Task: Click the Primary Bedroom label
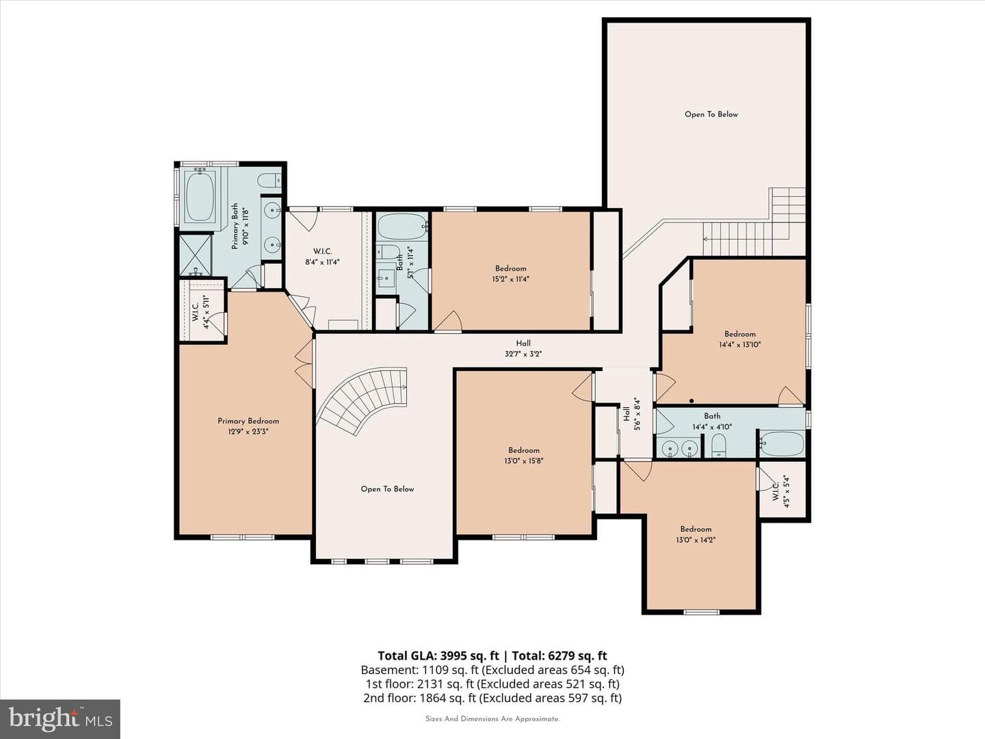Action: [x=248, y=421]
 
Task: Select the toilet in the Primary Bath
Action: [x=270, y=181]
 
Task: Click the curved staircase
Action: [x=363, y=401]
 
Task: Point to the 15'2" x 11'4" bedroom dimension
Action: [x=510, y=279]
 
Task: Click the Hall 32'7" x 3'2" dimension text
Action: [x=523, y=354]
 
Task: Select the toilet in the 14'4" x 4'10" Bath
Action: [x=719, y=445]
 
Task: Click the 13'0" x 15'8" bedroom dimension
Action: [x=524, y=461]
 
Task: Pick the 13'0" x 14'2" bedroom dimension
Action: [x=696, y=540]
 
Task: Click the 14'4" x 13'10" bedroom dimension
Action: [x=739, y=345]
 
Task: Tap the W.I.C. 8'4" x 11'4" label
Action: [x=322, y=257]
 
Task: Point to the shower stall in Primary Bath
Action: [x=195, y=255]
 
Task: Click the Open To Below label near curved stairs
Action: [x=387, y=489]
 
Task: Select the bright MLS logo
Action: [x=60, y=719]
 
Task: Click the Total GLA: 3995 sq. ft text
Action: [x=438, y=656]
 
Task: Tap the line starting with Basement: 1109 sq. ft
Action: [x=492, y=670]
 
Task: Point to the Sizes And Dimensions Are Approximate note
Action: [x=492, y=718]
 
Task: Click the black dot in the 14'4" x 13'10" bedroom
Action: [x=692, y=401]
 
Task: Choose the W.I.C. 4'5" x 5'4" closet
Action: [x=782, y=491]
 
